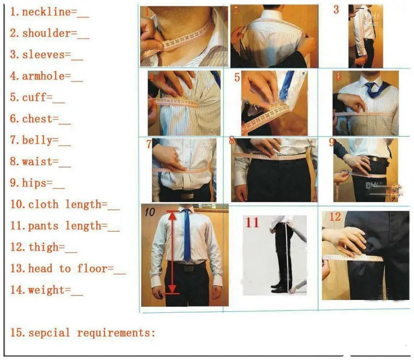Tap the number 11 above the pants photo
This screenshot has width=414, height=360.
(x=252, y=223)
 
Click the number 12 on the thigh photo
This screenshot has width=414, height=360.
(x=335, y=217)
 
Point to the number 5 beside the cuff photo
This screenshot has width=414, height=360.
(x=237, y=78)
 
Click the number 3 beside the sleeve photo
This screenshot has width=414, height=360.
(x=336, y=9)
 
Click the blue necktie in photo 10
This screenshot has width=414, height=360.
(x=186, y=236)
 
